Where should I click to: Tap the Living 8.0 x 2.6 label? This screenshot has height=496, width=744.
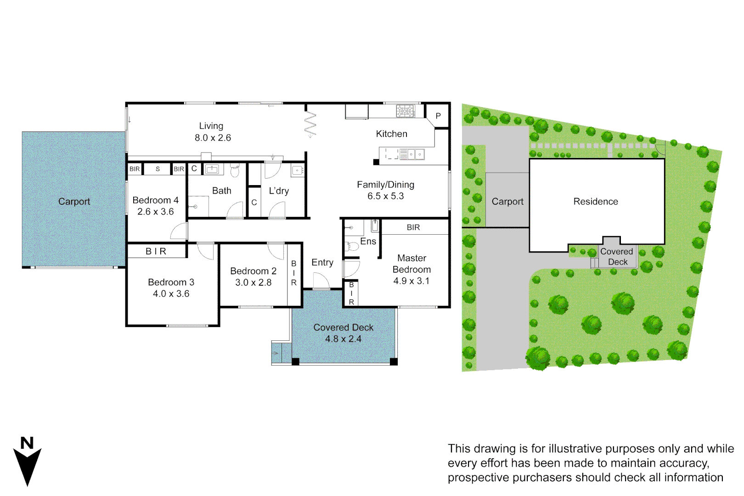212,132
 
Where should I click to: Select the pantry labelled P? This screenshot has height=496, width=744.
438,116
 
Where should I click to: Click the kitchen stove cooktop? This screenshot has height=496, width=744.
406,111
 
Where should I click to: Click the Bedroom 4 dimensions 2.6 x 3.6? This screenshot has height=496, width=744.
156,212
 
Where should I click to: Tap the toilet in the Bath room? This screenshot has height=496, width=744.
235,172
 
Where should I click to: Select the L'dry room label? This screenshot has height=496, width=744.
279,191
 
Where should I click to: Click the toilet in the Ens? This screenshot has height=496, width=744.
353,247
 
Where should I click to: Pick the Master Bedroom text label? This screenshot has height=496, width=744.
411,264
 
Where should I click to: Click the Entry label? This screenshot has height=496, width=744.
322,263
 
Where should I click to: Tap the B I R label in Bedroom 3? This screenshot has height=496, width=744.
156,251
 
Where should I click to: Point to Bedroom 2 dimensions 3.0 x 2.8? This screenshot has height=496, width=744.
254,282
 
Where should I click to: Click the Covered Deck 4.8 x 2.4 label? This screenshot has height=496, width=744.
343,333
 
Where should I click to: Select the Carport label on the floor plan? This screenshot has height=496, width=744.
74,202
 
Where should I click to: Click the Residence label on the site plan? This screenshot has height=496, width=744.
596,202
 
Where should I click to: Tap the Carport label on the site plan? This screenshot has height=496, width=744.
507,202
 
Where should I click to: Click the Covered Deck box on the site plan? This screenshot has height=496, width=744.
617,257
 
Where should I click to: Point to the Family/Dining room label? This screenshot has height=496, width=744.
385,185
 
